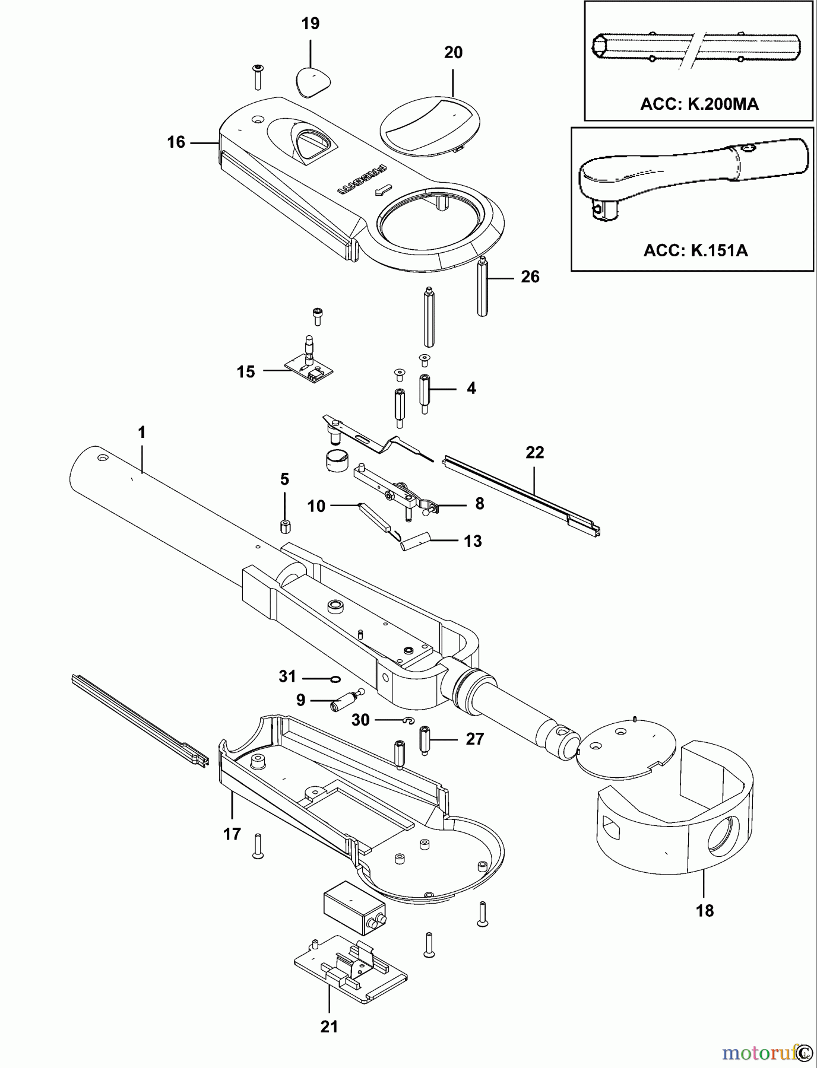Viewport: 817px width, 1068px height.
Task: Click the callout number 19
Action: coord(310,24)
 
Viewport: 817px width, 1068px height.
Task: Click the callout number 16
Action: coord(176,142)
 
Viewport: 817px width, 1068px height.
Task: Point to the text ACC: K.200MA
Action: coord(699,104)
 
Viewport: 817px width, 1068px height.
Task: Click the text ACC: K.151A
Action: coord(695,250)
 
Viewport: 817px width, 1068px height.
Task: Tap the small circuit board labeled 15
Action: coord(309,370)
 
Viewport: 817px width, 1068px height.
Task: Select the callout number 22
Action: coord(534,453)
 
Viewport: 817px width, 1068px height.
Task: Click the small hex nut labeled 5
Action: coord(285,526)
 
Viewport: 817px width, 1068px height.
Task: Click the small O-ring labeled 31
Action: coord(334,679)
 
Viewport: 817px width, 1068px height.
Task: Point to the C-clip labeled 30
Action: coord(407,721)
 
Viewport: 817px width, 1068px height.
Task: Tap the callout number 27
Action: coord(474,739)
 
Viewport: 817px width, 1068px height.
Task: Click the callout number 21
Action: coord(329,1026)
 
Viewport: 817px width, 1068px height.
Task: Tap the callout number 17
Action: coord(232,834)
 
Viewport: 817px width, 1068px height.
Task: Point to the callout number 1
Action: coord(141,433)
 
